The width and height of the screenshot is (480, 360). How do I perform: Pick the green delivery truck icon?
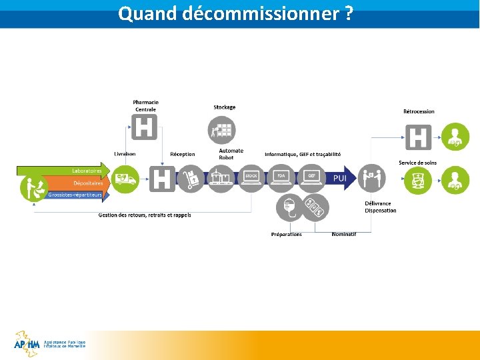[x=125, y=179]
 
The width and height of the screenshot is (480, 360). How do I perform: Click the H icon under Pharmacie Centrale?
[x=145, y=127]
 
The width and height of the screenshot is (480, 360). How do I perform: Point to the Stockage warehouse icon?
[x=223, y=130]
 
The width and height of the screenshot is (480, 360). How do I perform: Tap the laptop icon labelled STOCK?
[x=251, y=178]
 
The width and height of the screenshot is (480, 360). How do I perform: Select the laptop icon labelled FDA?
[x=281, y=178]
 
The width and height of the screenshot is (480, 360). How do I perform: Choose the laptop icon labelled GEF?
[x=311, y=178]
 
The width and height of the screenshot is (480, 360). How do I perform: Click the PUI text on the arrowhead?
[x=339, y=178]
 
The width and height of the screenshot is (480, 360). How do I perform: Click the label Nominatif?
[x=344, y=234]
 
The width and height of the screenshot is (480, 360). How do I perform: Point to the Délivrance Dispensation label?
[x=380, y=207]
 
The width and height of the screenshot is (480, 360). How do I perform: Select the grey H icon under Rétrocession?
[x=418, y=138]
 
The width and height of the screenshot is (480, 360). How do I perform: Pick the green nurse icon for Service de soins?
[x=418, y=180]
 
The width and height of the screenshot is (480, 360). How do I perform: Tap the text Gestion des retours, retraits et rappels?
[x=145, y=215]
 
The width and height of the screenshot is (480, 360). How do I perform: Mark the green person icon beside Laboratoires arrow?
[x=31, y=187]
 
